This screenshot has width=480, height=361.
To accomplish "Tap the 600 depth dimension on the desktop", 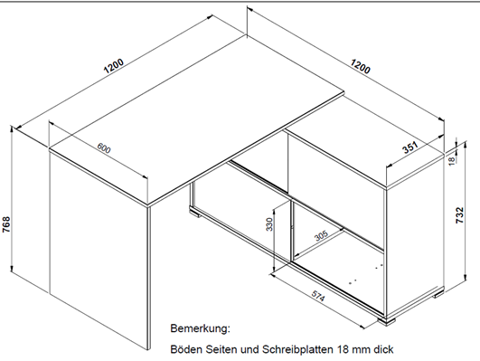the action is (104, 148).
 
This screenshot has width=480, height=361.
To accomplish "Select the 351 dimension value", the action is (409, 147).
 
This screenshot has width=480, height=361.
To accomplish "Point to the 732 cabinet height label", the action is (460, 215).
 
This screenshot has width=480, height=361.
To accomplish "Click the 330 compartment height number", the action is (269, 224).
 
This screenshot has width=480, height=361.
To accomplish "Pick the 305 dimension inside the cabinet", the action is (321, 235).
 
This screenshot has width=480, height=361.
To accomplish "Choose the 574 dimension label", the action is (318, 296).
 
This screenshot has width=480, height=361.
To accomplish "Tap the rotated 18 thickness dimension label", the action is (452, 161).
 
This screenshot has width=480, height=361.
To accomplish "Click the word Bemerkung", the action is (200, 328).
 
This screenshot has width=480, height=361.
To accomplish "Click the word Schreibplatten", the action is (297, 349).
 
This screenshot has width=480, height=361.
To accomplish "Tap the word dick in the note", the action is (383, 349).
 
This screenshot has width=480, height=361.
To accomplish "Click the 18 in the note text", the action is (344, 349).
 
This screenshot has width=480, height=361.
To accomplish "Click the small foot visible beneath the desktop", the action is (194, 212).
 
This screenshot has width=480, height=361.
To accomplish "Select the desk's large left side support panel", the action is (99, 247).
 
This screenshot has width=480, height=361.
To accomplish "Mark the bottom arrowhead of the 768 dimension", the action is (12, 269).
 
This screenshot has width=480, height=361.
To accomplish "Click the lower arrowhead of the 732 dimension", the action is (466, 277).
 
